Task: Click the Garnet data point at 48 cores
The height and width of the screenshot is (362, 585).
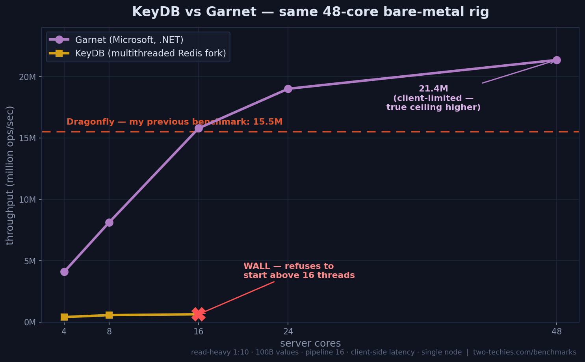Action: [x=557, y=60]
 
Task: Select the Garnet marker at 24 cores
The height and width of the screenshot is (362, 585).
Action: [x=288, y=89]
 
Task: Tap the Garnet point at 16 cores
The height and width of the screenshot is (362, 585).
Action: [x=199, y=128]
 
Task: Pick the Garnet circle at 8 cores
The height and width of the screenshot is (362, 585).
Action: [x=109, y=223]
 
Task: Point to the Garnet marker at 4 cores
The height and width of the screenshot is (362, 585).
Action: [x=64, y=272]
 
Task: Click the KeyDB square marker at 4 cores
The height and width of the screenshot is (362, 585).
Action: [x=64, y=317]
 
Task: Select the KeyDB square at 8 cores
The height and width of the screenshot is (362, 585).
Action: [x=109, y=315]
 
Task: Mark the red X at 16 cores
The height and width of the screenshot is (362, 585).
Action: [x=199, y=314]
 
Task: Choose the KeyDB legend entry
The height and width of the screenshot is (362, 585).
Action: [x=137, y=53]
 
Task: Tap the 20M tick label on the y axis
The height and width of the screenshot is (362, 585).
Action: [x=27, y=77]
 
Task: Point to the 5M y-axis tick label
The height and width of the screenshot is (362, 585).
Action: [x=30, y=261]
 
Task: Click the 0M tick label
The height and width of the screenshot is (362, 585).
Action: [x=30, y=323]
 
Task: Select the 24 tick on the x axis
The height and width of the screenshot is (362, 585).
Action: [x=288, y=331]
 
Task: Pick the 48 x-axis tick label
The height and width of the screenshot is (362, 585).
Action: [x=557, y=331]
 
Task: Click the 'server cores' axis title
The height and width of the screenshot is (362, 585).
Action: [x=310, y=343]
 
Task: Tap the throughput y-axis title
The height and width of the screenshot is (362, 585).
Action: [x=10, y=175]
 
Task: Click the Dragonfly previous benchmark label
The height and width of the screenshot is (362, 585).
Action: [x=175, y=122]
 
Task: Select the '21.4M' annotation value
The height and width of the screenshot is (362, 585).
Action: [x=433, y=89]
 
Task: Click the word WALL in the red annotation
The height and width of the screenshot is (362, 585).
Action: [x=256, y=266]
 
